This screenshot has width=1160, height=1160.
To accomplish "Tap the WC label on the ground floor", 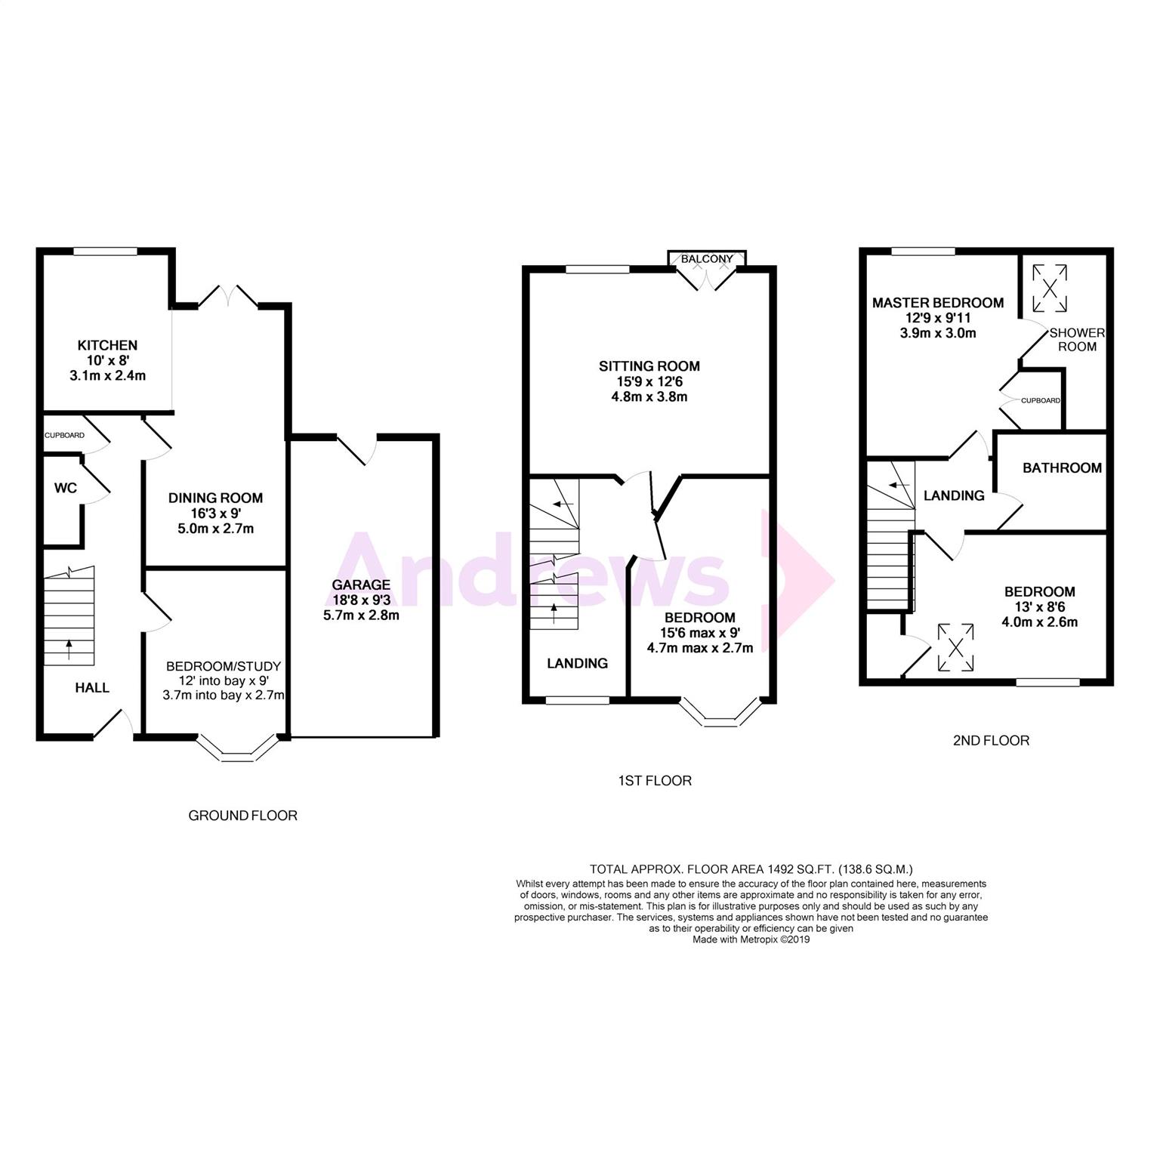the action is [66, 488].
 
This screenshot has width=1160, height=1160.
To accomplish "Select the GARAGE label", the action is [361, 585].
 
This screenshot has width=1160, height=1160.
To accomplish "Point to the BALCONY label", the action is [707, 259].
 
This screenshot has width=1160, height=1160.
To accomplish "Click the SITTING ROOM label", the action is [649, 366].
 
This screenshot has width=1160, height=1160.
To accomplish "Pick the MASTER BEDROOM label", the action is [938, 303].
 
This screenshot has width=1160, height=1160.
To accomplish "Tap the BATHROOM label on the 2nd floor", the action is [1062, 468].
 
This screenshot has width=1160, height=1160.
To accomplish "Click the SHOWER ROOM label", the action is [1077, 340].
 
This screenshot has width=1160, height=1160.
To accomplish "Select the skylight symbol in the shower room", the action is [1050, 288].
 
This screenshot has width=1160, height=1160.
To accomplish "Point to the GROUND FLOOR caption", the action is [242, 816].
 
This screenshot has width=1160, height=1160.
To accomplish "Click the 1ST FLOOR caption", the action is [654, 781].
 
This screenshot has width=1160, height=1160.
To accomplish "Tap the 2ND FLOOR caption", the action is [991, 741].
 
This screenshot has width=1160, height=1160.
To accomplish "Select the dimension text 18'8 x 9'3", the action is [361, 600].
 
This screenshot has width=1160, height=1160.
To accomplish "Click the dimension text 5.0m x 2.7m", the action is [216, 529].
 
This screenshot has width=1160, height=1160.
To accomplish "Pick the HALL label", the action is [92, 688].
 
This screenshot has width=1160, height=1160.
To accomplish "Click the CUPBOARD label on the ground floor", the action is [64, 436].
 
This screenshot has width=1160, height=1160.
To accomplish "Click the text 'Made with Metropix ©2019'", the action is [751, 940].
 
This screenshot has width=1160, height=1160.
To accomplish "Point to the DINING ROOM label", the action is [216, 498].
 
